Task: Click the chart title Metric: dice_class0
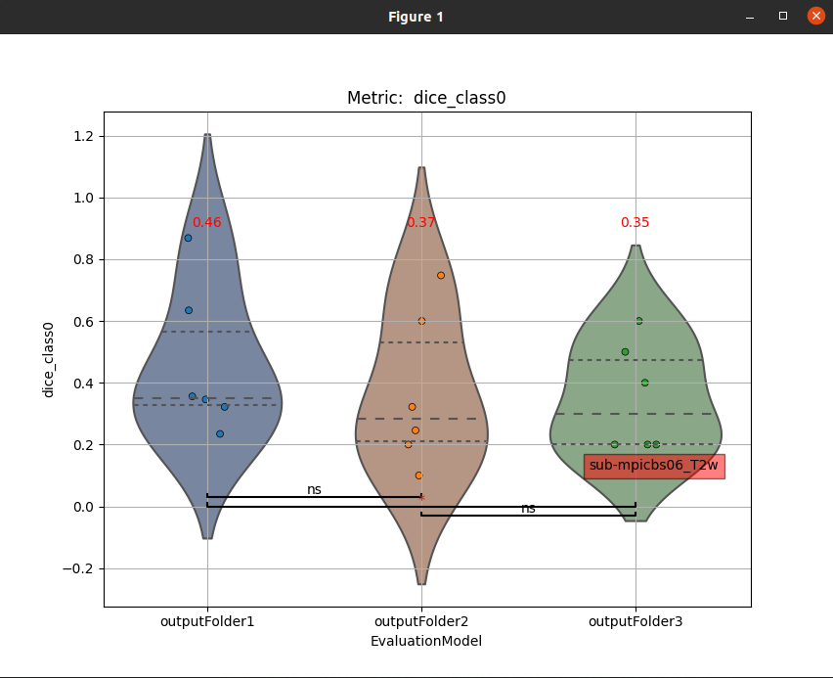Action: pos(426,98)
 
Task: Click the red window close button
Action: pos(815,16)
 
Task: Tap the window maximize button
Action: pos(782,16)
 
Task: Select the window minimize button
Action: pos(749,17)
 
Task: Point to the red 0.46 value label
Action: pos(206,222)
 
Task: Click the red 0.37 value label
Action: pos(421,222)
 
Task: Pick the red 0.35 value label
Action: pos(635,222)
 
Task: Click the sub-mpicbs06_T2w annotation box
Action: pos(654,466)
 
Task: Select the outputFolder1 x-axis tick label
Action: pos(208,621)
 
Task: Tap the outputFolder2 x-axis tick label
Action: pos(421,621)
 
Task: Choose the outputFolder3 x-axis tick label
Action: pos(636,621)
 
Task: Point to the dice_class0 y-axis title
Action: pos(48,359)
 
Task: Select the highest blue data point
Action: pos(189,238)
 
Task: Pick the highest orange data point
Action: pos(441,275)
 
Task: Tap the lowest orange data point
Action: pos(418,475)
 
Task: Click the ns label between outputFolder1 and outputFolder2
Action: pos(314,489)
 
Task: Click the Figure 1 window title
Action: pos(416,17)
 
